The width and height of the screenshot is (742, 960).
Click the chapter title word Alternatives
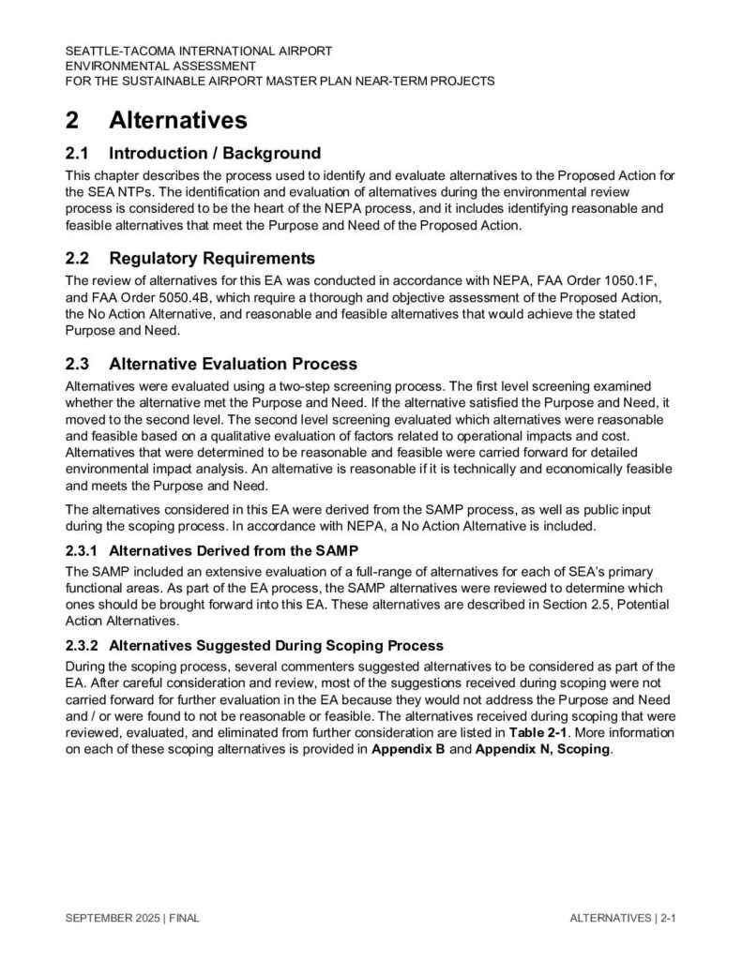point(178,121)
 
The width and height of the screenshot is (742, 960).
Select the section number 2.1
point(79,153)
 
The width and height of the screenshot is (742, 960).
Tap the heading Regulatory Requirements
point(211,258)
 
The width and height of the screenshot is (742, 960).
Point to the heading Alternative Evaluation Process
point(233,363)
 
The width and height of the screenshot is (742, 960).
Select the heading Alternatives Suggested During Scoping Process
point(276,646)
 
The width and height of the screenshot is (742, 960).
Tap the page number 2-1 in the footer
point(668,919)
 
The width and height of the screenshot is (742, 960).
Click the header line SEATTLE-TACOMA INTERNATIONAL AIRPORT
point(198,51)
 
